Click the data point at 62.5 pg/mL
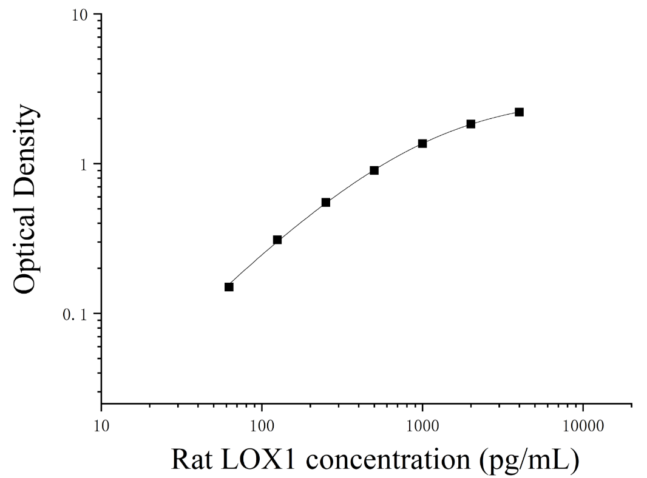[x=229, y=287]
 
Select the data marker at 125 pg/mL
[x=277, y=240]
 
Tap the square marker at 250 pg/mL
[x=325, y=203]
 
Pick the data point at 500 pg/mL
[x=374, y=170]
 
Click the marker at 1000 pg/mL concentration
[x=422, y=144]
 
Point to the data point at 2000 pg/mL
[x=471, y=124]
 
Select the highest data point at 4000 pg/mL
[x=519, y=112]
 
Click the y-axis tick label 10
[x=80, y=15]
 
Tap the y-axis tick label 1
[x=85, y=164]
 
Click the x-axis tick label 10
[x=101, y=426]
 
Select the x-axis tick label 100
[x=262, y=426]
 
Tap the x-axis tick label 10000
[x=583, y=426]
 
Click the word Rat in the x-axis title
[x=191, y=459]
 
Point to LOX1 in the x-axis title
[x=259, y=459]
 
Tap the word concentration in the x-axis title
[x=388, y=459]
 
